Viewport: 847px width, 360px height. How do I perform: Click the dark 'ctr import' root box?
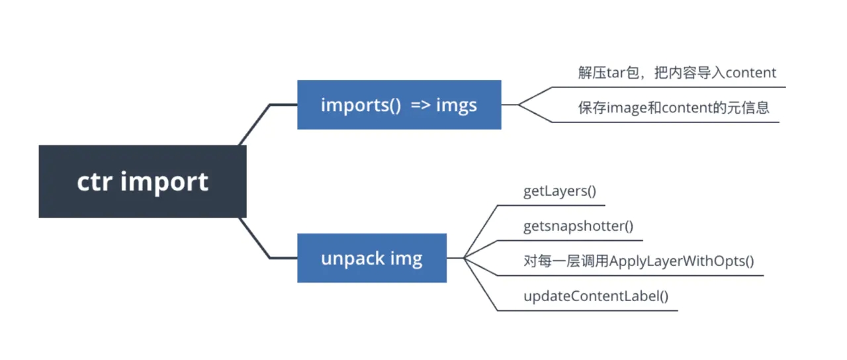point(142,181)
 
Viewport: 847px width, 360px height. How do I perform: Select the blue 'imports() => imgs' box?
point(399,105)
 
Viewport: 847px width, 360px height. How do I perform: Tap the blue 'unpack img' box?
point(371,257)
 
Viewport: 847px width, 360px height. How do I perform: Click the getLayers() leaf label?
point(560,191)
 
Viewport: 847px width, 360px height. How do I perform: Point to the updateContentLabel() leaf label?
point(596,296)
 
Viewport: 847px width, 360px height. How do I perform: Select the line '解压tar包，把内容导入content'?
point(676,73)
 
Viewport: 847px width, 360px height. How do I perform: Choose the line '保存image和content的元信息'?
point(674,108)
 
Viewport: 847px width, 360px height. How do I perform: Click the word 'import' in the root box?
point(164,181)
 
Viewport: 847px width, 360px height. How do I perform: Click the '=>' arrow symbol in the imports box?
point(420,105)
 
